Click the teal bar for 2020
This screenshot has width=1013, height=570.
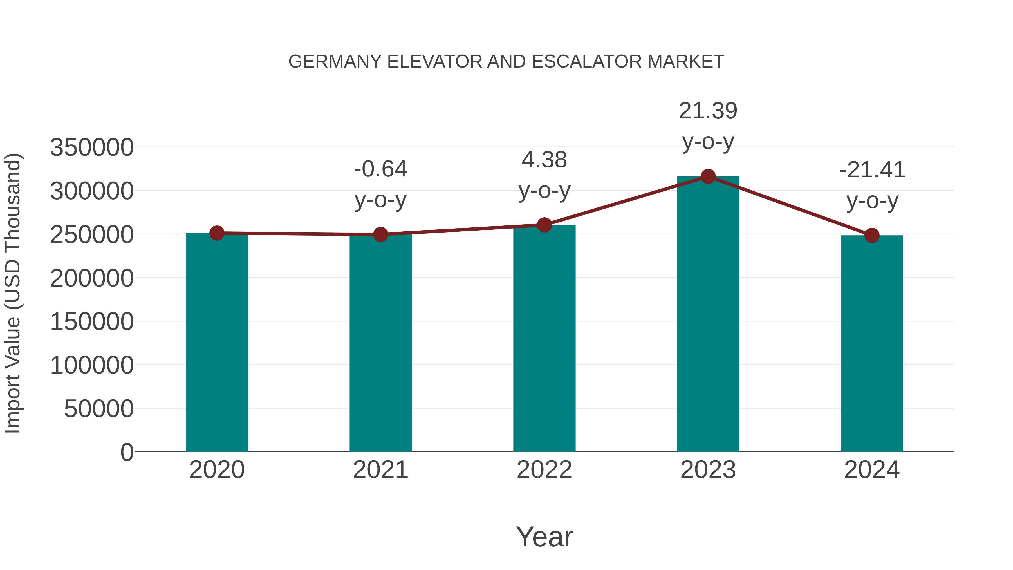tap(217, 342)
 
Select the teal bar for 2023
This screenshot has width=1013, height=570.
tap(708, 315)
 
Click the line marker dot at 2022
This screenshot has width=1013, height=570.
tap(544, 225)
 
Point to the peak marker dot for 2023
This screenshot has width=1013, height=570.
tap(708, 176)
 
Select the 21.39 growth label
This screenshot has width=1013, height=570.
tap(708, 111)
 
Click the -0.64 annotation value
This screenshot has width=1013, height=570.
tap(380, 169)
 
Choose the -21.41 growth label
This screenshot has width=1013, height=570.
tap(872, 170)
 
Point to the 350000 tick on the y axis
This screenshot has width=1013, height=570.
tap(92, 147)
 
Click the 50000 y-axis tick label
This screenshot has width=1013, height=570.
tap(99, 409)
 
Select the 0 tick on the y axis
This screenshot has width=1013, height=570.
tap(127, 452)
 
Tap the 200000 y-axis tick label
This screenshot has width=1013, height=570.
tap(92, 278)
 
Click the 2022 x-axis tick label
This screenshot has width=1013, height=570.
tap(544, 470)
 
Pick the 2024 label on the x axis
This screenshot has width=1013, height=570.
tap(872, 470)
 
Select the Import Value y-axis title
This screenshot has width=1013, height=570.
tap(13, 293)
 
